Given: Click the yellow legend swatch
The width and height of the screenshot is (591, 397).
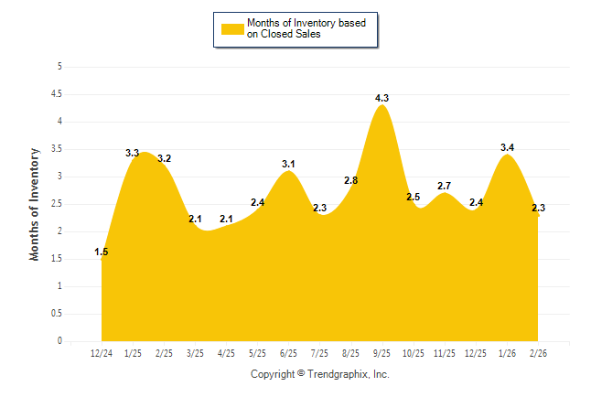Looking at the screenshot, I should (x=232, y=28).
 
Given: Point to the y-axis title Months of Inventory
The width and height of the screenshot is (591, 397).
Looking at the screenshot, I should (x=35, y=204).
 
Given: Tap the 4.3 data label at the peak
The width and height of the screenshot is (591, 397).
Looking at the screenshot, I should (x=382, y=98).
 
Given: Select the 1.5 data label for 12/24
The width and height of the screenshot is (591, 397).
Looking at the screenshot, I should (x=102, y=252).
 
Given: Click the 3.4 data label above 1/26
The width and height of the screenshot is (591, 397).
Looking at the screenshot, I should (x=508, y=147).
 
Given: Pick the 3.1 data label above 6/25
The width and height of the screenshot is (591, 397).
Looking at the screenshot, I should (x=288, y=164).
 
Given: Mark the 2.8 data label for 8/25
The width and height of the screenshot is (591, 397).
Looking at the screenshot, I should (x=350, y=180).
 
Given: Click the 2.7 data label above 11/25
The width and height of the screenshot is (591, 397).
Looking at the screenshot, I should (x=445, y=186).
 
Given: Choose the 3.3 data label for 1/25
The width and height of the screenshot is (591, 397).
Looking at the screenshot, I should (x=133, y=153).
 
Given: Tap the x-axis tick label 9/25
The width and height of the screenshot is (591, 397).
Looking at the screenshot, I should (x=382, y=353).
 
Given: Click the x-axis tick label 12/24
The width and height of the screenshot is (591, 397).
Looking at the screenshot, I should (x=102, y=353).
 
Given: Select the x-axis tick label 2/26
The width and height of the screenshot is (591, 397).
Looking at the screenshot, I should (x=538, y=353).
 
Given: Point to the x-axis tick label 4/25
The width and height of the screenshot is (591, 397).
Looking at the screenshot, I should (x=226, y=353).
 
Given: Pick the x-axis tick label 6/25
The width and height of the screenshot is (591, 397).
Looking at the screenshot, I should (x=288, y=353).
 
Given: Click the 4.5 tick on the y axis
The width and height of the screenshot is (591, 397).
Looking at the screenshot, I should (x=57, y=94).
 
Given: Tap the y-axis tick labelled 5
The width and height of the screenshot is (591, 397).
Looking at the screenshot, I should (x=59, y=67).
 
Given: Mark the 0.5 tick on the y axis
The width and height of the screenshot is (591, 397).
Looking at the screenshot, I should (x=57, y=314).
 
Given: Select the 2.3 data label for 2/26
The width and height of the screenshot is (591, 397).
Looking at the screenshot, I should (x=539, y=209).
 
